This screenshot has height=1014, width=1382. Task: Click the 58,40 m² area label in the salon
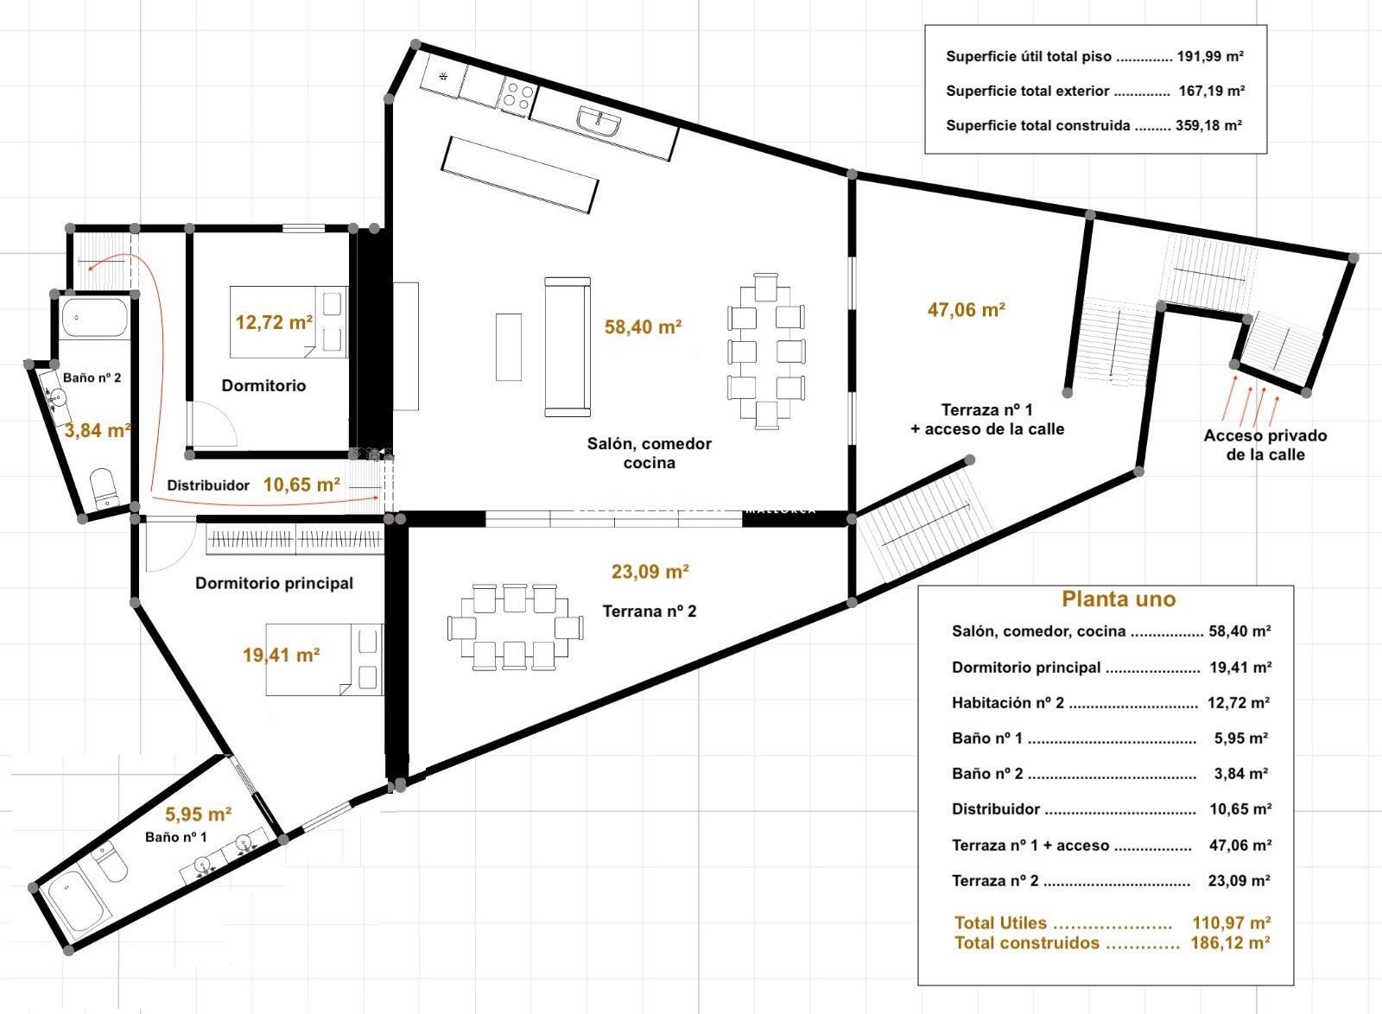click(643, 326)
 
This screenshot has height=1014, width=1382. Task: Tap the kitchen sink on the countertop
click(599, 120)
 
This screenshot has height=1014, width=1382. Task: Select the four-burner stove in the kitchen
click(518, 97)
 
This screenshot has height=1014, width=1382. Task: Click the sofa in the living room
click(567, 347)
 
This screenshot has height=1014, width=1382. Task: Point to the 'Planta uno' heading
click(1119, 599)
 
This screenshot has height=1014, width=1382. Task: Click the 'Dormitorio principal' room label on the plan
click(274, 583)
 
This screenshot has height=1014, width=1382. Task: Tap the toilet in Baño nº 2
click(103, 489)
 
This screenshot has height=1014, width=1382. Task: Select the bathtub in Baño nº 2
click(94, 318)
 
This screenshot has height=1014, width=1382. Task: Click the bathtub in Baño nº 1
click(78, 903)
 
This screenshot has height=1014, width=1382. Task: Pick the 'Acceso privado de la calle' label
click(1265, 445)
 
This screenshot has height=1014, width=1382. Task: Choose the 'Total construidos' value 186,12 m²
click(1230, 942)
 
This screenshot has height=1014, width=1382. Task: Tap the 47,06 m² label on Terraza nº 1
click(967, 309)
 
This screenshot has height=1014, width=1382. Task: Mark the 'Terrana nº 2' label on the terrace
click(649, 611)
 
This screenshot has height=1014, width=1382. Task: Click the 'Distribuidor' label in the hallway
click(208, 485)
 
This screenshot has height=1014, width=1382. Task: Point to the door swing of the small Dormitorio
click(212, 424)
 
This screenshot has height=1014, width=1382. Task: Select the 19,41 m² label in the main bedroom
click(281, 655)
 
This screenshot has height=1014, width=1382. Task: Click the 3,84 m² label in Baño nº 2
click(98, 430)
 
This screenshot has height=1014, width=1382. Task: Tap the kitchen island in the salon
click(519, 175)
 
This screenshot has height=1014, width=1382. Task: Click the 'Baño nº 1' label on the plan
click(176, 837)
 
